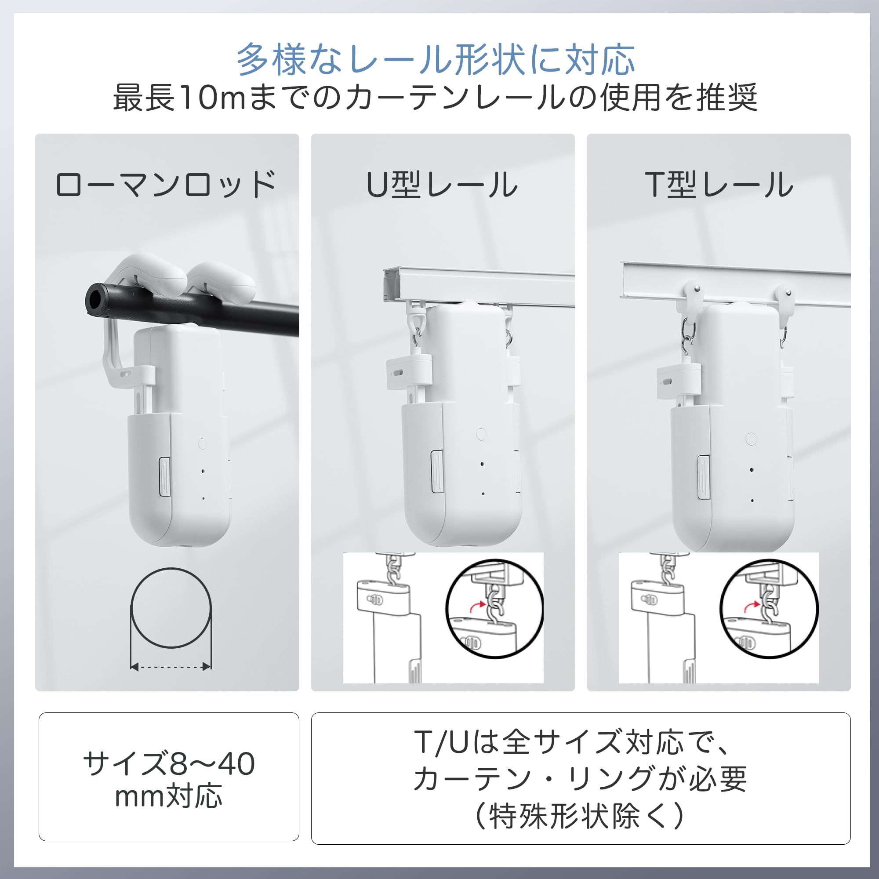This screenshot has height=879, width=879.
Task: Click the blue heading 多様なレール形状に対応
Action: [436, 60]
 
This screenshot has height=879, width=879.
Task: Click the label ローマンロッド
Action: [166, 184]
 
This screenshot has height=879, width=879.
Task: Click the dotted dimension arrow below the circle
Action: [171, 667]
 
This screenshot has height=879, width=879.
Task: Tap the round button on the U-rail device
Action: [481, 434]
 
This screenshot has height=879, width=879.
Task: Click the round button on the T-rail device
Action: [751, 439]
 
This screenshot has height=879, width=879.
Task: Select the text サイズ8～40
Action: [169, 764]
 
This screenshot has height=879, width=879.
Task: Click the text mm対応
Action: [169, 796]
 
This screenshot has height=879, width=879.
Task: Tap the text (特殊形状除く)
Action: [580, 816]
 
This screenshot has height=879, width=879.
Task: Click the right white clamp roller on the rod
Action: [223, 282]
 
